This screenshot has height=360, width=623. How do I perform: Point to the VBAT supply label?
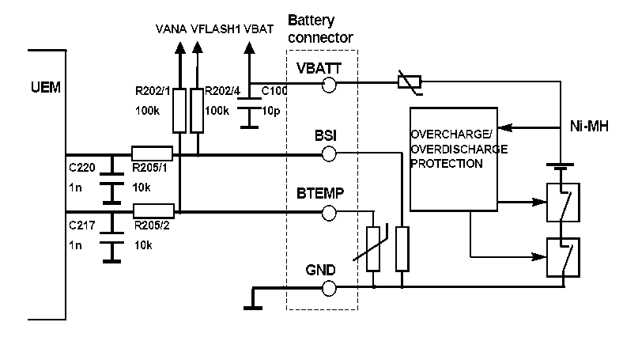pyautogui.click(x=259, y=29)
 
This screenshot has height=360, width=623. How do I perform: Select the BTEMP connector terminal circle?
pyautogui.click(x=330, y=212)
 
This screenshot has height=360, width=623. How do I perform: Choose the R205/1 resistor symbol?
pyautogui.click(x=152, y=153)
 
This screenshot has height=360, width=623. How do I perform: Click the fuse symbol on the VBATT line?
pyautogui.click(x=408, y=81)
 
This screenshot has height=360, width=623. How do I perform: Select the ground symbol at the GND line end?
pyautogui.click(x=252, y=301)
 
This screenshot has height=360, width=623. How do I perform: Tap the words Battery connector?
pyautogui.click(x=320, y=28)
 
